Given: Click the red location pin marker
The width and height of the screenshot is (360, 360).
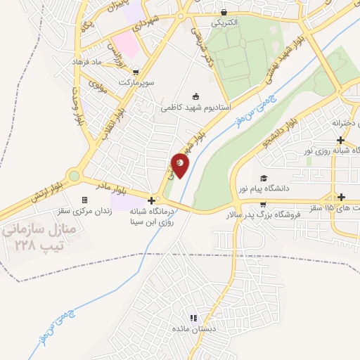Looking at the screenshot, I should coord(181,165).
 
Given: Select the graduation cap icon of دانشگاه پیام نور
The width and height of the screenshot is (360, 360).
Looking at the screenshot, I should coord(263,178).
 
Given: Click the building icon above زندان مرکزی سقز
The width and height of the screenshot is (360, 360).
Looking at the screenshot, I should coord(85,200).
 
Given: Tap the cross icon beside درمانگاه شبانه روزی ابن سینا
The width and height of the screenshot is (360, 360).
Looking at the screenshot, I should coord(151,200).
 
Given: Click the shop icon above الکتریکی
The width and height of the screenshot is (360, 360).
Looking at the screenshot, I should coord(224,12).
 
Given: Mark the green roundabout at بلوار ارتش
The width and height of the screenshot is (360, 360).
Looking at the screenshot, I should coord(74,176).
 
